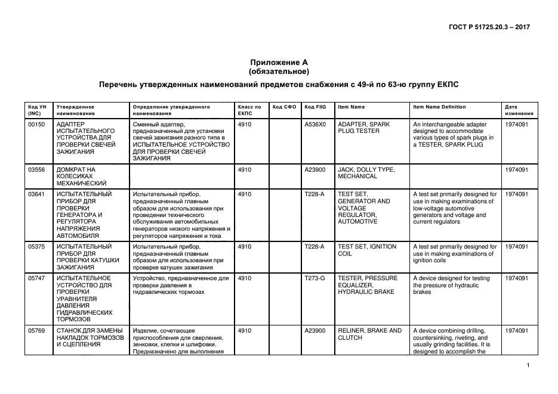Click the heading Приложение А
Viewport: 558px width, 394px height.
279,63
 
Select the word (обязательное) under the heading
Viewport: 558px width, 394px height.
279,72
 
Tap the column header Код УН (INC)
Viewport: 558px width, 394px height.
38,110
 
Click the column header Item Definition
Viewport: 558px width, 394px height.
439,107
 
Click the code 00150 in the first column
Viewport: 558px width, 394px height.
37,125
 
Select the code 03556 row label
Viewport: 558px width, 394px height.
37,170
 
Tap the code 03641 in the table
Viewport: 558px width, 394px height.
37,194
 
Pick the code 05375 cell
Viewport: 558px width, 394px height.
37,246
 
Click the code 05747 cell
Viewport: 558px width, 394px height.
37,278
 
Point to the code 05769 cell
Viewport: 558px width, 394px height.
37,330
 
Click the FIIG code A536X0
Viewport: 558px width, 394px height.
315,125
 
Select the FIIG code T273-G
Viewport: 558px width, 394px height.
315,278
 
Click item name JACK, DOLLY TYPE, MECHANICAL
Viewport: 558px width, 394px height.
366,173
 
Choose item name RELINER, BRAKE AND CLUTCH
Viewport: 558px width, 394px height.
369,334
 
